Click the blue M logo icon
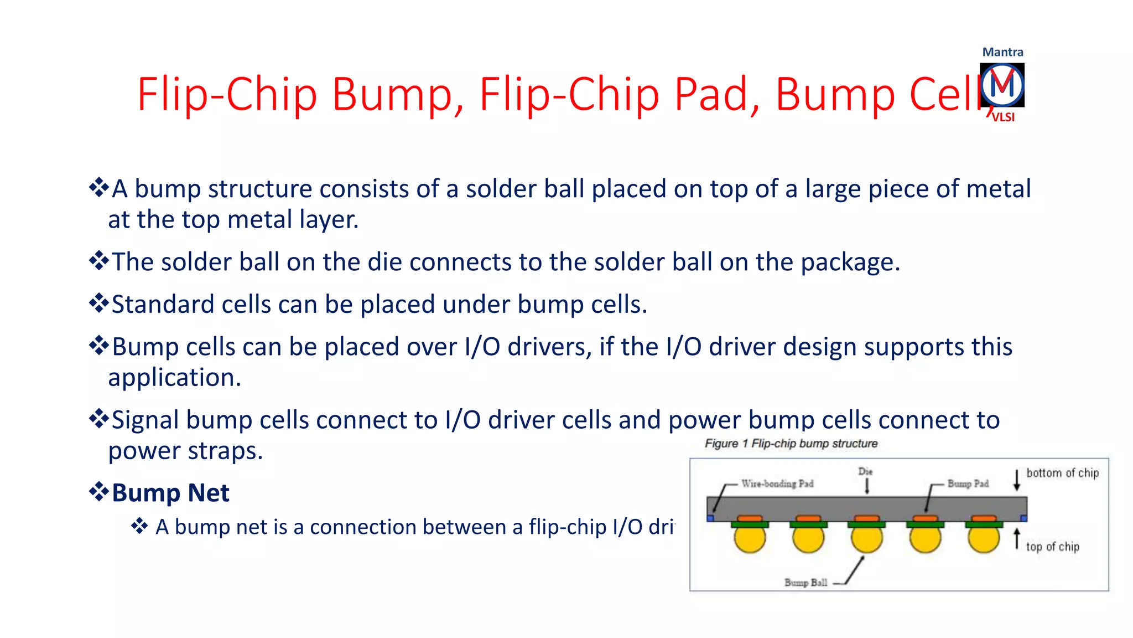tap(1002, 85)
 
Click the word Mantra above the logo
tap(1002, 52)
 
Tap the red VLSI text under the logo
tap(1003, 117)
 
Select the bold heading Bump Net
tap(170, 492)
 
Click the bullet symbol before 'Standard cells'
tap(99, 303)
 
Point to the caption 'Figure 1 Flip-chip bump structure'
tap(791, 444)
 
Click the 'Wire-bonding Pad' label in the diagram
tap(777, 483)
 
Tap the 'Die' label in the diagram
tap(865, 471)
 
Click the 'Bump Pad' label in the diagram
tap(968, 483)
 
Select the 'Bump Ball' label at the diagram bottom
tap(805, 583)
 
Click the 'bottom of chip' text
tap(1062, 473)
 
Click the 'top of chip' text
tap(1052, 547)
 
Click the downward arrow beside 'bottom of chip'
tap(1016, 480)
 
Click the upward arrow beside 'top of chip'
tap(1016, 539)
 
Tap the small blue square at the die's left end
tap(710, 518)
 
